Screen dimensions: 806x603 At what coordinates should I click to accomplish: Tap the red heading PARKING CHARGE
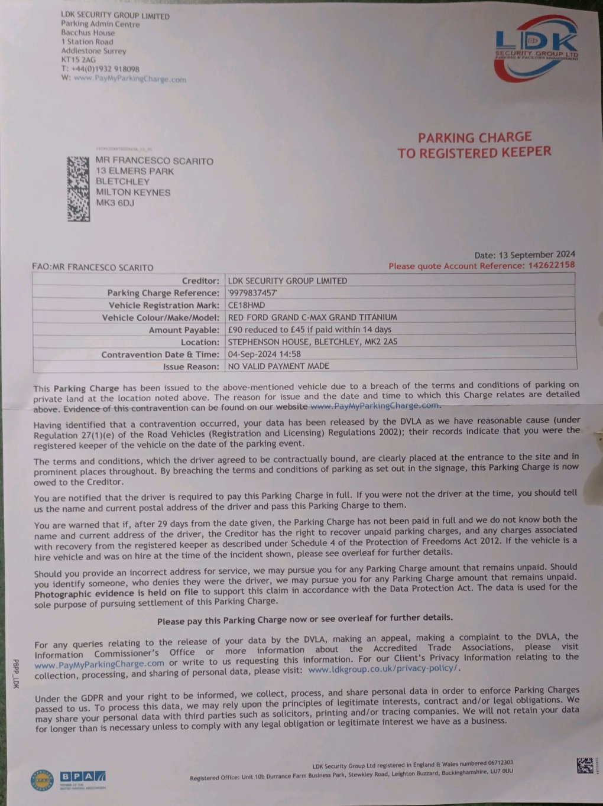475,138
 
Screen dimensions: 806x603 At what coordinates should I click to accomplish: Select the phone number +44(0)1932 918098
104,69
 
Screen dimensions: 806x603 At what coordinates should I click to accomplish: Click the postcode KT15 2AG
78,60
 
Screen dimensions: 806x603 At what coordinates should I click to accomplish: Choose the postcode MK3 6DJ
115,203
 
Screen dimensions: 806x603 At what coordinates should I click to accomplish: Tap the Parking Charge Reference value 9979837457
253,293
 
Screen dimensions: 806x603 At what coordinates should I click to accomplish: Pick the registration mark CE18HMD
247,305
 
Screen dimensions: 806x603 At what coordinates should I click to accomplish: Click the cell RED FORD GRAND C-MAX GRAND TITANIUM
312,317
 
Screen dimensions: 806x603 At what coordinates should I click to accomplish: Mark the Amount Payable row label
183,330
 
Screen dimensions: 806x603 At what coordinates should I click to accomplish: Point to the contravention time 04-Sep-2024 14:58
264,354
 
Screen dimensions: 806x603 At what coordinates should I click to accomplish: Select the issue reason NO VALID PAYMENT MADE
278,366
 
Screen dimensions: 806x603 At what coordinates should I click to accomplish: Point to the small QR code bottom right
585,765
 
